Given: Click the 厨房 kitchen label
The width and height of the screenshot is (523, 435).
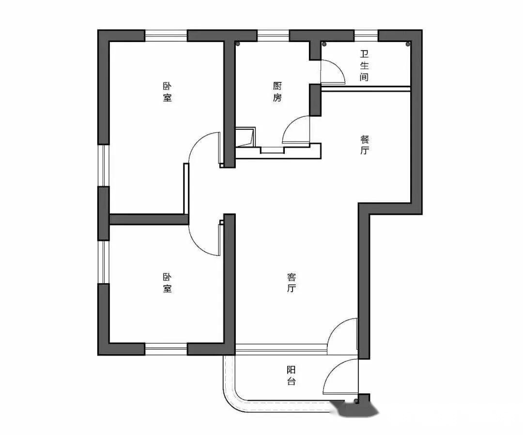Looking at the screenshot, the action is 277,92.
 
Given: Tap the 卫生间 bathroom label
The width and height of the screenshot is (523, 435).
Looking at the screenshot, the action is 364,66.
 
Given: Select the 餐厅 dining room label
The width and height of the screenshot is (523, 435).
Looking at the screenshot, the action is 364,145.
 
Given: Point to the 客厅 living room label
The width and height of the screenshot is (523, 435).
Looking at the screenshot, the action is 291,283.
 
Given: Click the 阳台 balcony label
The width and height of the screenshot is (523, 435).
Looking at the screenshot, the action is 291,375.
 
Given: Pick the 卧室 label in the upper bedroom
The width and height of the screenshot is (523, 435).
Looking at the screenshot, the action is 167,92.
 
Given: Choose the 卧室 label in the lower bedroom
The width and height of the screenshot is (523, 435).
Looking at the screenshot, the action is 167,283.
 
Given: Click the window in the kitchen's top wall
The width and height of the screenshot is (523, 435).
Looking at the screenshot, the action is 273,36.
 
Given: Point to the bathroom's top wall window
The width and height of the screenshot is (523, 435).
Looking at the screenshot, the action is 366,36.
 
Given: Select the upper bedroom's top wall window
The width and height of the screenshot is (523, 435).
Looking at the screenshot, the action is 166,36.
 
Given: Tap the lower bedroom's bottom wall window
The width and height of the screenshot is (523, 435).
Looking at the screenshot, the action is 166,349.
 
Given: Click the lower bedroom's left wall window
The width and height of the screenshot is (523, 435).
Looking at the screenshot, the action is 104,262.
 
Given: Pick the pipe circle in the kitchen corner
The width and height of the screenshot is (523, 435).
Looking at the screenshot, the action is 238,44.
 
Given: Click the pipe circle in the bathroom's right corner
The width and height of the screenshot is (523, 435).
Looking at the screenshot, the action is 408,44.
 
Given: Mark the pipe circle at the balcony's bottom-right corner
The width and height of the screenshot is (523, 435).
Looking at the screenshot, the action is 356,400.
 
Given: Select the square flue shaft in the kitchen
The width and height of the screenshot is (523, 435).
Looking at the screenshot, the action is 246,136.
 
